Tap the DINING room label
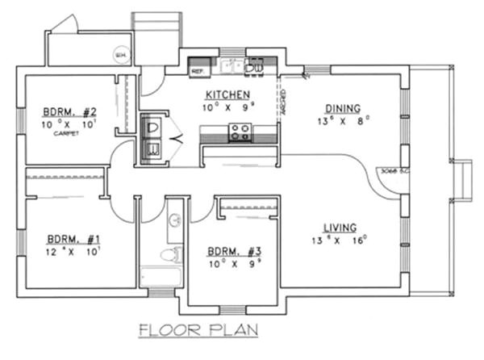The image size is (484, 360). pyautogui.click(x=341, y=108)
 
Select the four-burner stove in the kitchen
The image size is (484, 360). pyautogui.click(x=240, y=132)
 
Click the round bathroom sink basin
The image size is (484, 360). pyautogui.click(x=174, y=221)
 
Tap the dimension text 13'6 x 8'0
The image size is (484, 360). pyautogui.click(x=341, y=121)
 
